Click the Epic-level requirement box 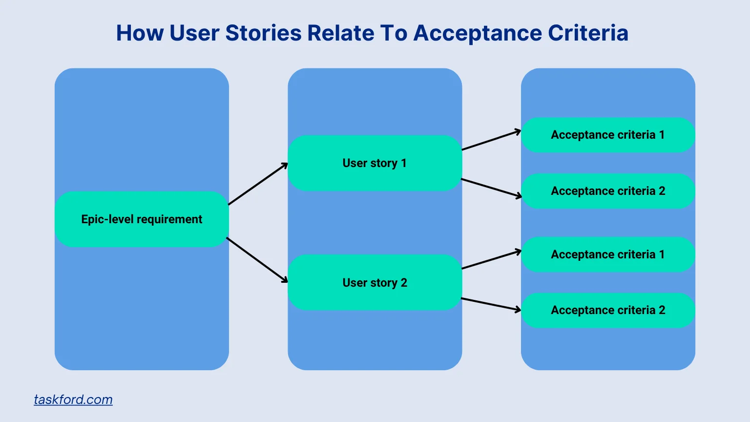coord(142,219)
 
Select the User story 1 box coord(375,163)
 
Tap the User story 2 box coord(375,283)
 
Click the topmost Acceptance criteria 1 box coord(608,135)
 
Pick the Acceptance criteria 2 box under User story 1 coord(608,191)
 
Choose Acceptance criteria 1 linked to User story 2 coord(608,254)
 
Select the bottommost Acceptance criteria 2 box coord(608,310)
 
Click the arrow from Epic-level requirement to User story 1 coord(258,184)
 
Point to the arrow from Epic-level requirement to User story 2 coord(257,260)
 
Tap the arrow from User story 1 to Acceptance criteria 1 coord(491,140)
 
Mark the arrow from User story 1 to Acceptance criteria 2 coord(491,188)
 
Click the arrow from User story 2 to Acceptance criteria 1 coord(491,260)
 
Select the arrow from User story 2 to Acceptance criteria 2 coord(491,304)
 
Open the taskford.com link coord(73,400)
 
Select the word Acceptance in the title coord(478,33)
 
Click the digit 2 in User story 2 coord(404,283)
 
